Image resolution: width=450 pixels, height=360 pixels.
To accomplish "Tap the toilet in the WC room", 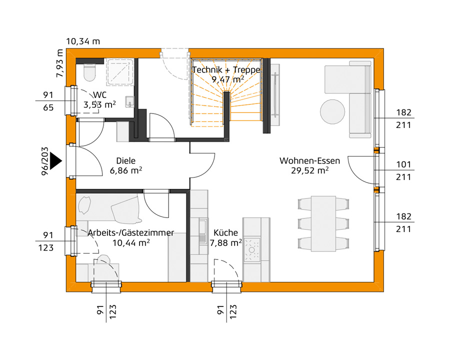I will point(90,71).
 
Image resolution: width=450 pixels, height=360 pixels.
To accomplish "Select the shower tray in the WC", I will point(119,73).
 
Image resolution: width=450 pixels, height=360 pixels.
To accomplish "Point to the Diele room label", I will point(126,161).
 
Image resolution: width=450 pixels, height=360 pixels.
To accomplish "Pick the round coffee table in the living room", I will point(332,111).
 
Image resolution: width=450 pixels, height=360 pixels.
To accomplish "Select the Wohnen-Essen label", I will point(309,161).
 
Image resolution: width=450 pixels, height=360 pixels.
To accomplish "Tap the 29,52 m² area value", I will point(309,170).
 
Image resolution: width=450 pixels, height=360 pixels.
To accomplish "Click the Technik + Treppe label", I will point(226,69).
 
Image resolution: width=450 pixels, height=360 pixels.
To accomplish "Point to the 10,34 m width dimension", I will point(83,41).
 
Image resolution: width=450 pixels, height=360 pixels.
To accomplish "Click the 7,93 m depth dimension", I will point(60,63).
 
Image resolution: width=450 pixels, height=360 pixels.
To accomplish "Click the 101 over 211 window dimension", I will point(403,170).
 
